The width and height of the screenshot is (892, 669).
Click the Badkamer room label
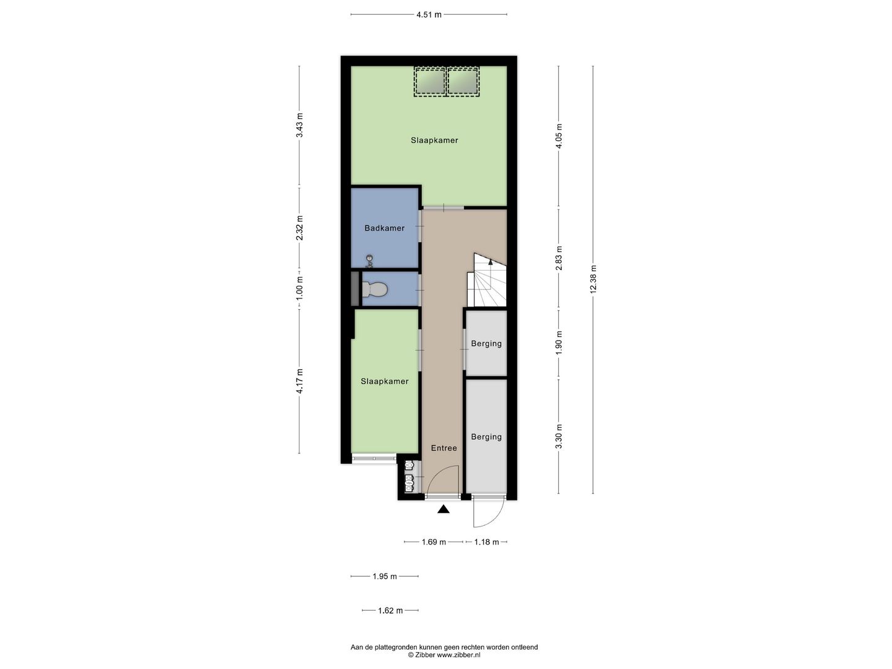384,228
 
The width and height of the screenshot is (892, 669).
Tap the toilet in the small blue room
375,289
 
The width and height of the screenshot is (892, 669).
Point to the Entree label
444,448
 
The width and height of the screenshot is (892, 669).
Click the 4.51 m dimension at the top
429,15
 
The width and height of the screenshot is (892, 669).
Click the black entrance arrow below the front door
444,510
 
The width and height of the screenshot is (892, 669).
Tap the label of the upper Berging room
486,344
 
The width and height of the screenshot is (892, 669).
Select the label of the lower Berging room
486,437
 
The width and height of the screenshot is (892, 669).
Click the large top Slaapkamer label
434,140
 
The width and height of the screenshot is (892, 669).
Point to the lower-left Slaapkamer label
385,382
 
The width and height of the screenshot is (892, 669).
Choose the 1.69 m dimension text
434,542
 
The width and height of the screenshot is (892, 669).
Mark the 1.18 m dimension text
486,542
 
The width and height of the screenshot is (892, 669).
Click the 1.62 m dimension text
390,611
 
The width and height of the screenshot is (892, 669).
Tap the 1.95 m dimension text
384,577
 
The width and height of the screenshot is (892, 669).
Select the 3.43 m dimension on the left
300,126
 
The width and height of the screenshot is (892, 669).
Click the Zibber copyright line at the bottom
444,655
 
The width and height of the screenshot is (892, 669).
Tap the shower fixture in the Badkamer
369,260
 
